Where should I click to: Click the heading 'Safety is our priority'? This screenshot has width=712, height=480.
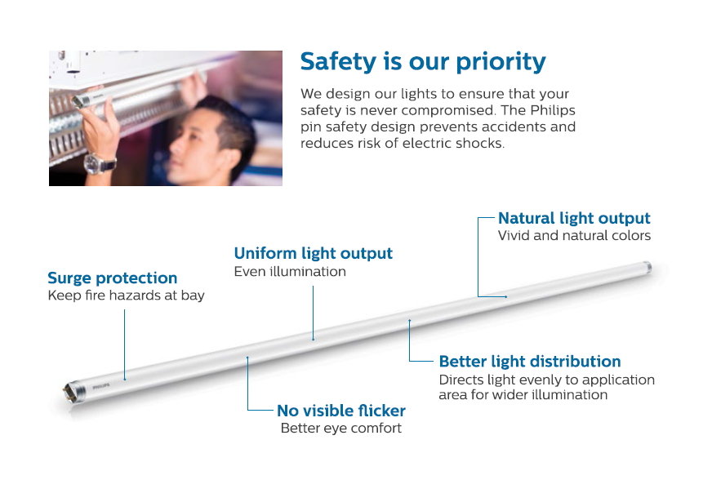(x=423, y=62)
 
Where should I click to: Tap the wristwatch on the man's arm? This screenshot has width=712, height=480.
(x=100, y=163)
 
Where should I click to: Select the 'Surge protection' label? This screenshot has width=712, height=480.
(x=112, y=278)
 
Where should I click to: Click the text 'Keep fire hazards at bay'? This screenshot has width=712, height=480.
(x=126, y=296)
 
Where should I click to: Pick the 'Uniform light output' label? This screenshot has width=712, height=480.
(x=313, y=253)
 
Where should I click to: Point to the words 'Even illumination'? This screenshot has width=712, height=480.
(x=290, y=272)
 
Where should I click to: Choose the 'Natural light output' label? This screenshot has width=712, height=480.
(x=574, y=219)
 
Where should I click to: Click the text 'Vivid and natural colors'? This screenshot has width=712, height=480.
(x=574, y=236)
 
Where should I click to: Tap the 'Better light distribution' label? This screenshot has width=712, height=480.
(x=529, y=362)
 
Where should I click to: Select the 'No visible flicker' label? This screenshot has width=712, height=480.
(x=341, y=411)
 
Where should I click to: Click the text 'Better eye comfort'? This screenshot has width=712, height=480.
(x=341, y=429)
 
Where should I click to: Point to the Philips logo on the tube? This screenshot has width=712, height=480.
(x=100, y=387)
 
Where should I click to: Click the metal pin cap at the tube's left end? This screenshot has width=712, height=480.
(x=73, y=391)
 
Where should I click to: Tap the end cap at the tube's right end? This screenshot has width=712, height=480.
(x=646, y=268)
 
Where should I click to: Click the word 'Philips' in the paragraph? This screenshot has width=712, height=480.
(x=553, y=110)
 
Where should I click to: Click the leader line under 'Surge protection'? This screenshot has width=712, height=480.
(x=124, y=345)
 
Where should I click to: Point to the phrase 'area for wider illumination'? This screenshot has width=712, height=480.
(x=523, y=394)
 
